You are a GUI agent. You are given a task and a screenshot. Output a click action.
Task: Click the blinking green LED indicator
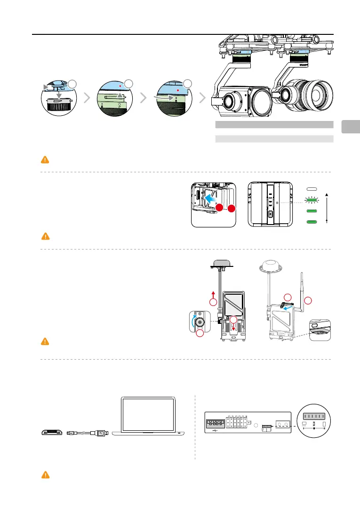click(x=310, y=201)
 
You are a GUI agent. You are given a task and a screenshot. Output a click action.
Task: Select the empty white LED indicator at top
click(x=310, y=189)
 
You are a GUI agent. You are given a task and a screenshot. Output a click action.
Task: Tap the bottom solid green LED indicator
click(x=310, y=222)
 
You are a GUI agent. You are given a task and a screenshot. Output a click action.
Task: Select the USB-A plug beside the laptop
click(x=103, y=433)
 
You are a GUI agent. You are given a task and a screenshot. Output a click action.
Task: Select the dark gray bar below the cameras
click(x=274, y=125)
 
